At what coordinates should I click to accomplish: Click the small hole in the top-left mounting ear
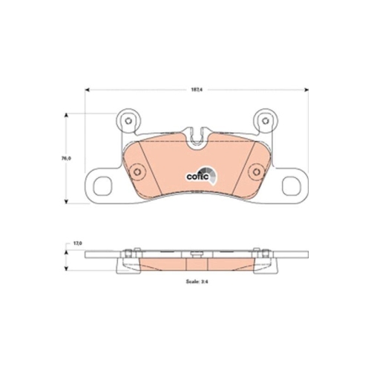128,122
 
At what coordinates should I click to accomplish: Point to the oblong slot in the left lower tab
100,183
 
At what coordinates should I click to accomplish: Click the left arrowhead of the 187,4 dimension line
88,90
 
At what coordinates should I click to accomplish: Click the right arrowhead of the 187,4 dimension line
306,90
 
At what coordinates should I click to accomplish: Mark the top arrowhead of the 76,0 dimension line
68,114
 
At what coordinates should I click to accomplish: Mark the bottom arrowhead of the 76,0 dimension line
68,201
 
